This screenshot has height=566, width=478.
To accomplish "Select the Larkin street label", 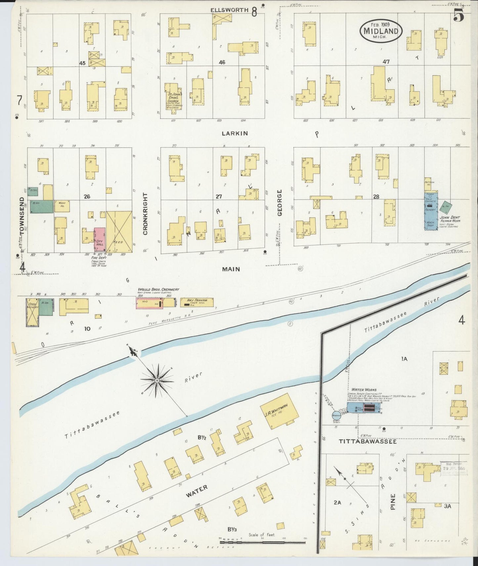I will [x=235, y=133].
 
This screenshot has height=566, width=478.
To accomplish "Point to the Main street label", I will [x=231, y=269].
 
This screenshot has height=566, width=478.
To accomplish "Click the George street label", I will [x=280, y=203].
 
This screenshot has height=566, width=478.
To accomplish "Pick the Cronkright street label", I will [x=145, y=214].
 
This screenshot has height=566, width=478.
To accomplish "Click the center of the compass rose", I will [x=157, y=381].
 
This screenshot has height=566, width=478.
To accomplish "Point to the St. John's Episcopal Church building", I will [x=173, y=96].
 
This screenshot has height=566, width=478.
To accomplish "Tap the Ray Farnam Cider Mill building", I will [x=196, y=302].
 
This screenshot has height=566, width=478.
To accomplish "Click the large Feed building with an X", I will [x=119, y=232].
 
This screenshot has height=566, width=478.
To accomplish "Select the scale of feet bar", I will [x=262, y=542].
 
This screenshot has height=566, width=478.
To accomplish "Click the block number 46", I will [x=222, y=62].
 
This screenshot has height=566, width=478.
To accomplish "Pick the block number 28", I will [x=376, y=197].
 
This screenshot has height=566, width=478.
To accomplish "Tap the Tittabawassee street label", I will [x=367, y=441].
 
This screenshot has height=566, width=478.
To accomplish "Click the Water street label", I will [x=197, y=491].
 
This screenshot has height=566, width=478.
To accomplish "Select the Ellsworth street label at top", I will [x=229, y=10].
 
